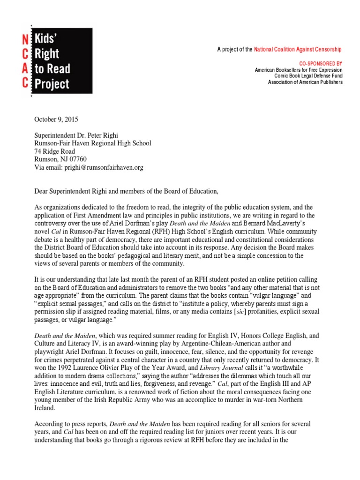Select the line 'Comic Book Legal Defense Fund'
pyautogui.click(x=308, y=76)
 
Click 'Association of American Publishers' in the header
pyautogui.click(x=305, y=82)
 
